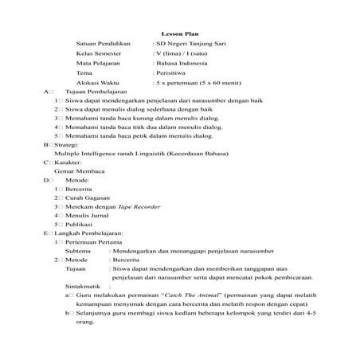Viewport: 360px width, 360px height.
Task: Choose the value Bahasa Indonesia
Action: click(182, 71)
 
